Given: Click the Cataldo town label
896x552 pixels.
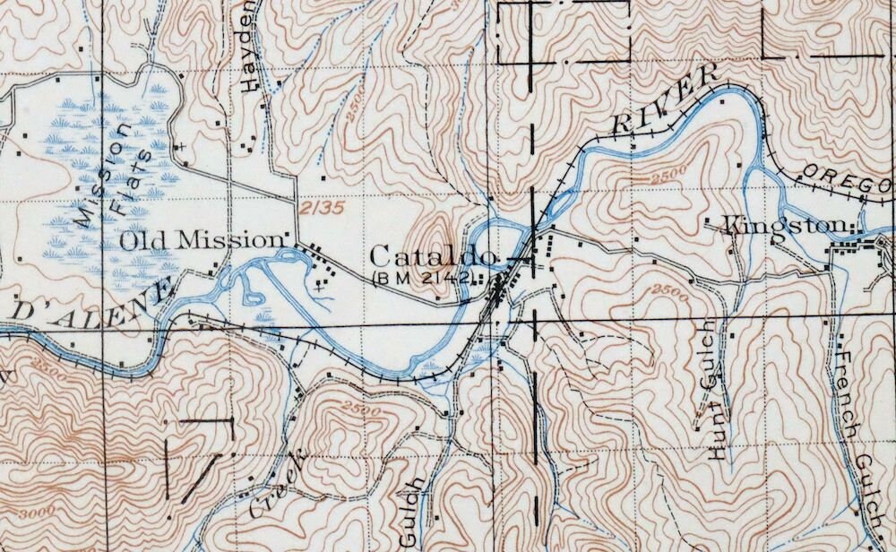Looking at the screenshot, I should (x=433, y=256).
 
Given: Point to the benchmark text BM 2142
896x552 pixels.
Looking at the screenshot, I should (x=422, y=278).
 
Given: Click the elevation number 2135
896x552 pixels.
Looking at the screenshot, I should (x=322, y=208).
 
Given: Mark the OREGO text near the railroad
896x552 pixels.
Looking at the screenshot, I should (x=846, y=178).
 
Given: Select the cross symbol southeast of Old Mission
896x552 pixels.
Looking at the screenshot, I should (x=320, y=288).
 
